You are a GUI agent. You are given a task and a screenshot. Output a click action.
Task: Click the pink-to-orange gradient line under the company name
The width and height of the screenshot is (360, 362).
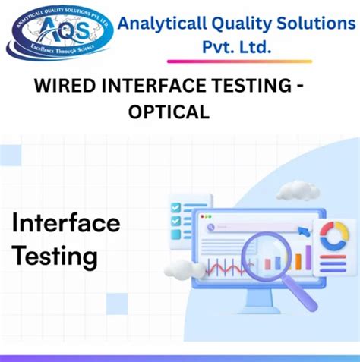[239, 61]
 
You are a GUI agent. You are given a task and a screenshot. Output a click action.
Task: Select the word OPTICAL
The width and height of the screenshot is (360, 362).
[169, 112]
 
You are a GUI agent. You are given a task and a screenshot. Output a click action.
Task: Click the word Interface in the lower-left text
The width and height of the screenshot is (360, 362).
[66, 223]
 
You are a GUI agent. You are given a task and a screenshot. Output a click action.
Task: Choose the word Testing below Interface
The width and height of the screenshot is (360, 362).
[55, 256]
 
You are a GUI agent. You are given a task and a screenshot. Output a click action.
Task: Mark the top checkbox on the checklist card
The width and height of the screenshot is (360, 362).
[176, 206]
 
